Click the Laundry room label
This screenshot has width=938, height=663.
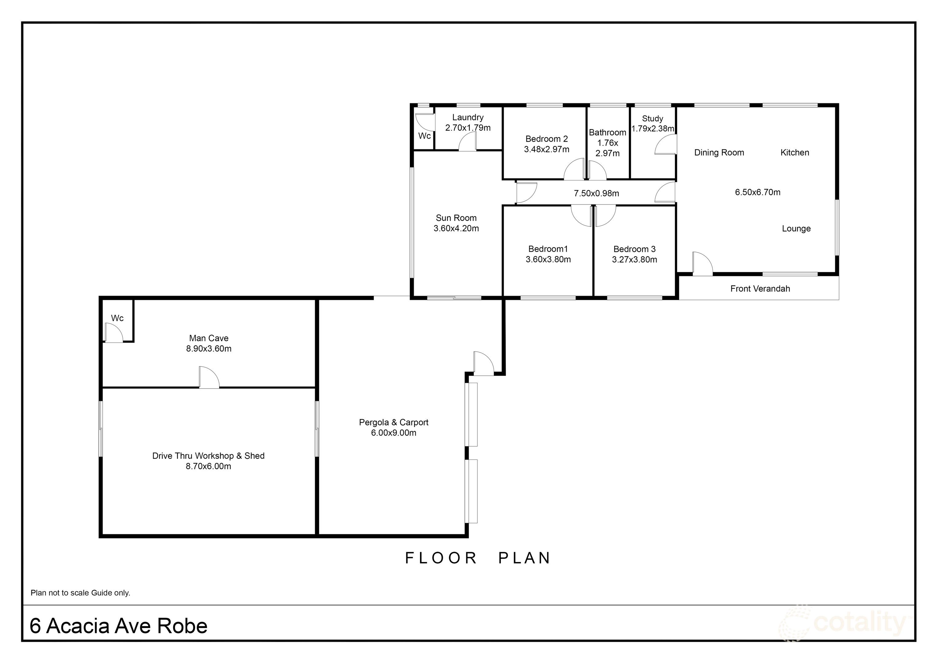[468, 118]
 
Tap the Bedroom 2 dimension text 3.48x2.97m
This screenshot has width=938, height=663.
[547, 149]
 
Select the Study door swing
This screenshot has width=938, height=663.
[665, 145]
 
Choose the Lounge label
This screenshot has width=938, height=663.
[796, 229]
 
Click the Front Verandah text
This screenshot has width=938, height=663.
[760, 289]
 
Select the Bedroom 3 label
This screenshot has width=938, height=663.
[634, 249]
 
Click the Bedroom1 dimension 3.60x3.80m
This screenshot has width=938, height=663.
[548, 260]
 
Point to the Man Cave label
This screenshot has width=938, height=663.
[209, 338]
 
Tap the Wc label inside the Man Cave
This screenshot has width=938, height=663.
[117, 318]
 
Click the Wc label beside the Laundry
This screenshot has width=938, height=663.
[424, 136]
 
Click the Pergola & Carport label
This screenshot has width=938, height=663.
[393, 422]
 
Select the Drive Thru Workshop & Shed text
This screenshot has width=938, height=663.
[208, 456]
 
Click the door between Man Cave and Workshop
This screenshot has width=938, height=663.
[209, 378]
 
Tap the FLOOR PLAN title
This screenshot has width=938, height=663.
[478, 558]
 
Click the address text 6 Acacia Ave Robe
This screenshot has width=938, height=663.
[119, 626]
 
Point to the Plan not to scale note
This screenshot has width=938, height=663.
[80, 593]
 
